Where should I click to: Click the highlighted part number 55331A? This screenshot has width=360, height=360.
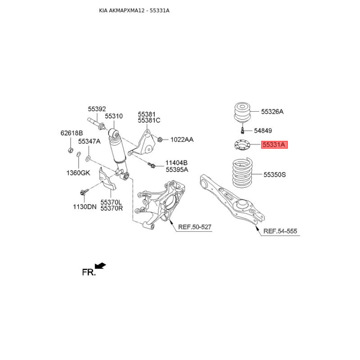tap(274, 145)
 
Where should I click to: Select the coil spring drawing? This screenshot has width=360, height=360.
tap(243, 173)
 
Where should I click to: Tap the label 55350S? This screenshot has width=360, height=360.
tap(274, 175)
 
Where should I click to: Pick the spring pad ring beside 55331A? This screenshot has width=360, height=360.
tap(242, 145)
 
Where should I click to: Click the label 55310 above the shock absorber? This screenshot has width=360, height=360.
tap(114, 116)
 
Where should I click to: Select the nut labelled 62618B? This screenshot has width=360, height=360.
tap(71, 150)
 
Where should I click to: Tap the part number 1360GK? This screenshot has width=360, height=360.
tap(78, 173)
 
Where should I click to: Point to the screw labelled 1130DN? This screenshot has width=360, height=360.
tap(84, 192)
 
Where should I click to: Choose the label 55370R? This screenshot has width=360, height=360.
tap(112, 208)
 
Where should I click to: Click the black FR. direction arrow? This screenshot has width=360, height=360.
tap(100, 265)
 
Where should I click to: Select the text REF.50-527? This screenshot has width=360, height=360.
tap(195, 227)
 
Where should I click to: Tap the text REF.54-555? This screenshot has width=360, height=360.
tap(280, 231)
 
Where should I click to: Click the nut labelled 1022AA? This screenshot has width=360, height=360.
tap(160, 139)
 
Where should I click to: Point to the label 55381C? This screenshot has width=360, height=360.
tap(149, 120)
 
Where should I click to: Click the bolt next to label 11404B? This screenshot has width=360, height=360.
tap(152, 165)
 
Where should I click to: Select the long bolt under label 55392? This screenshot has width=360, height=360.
tap(96, 123)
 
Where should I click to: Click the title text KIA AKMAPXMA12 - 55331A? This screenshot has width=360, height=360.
tap(134, 10)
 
